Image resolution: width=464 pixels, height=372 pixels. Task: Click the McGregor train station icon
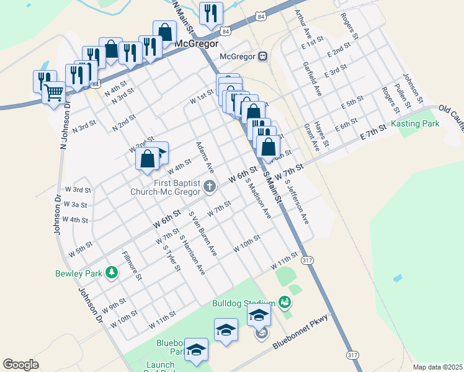pyautogui.click(x=262, y=56)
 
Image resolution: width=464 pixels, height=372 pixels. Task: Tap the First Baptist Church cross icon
pyautogui.click(x=210, y=185)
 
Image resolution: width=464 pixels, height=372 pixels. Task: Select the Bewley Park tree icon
pyautogui.click(x=111, y=272)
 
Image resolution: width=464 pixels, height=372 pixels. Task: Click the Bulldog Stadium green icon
pyautogui.click(x=285, y=303)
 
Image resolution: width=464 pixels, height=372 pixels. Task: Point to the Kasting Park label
pyautogui.click(x=415, y=124)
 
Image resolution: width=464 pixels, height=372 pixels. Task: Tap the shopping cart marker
pyautogui.click(x=54, y=93)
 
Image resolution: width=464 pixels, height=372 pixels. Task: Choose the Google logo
pyautogui.click(x=20, y=365)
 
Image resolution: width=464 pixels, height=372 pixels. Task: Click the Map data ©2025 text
pyautogui.click(x=437, y=367)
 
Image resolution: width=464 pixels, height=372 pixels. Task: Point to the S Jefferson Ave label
pyautogui.click(x=297, y=201)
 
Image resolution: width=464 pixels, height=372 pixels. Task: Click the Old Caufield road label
pyautogui.click(x=450, y=116)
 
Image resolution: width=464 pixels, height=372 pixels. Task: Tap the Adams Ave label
pyautogui.click(x=205, y=157)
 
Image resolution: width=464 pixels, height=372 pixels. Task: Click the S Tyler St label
pyautogui.click(x=171, y=258)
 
